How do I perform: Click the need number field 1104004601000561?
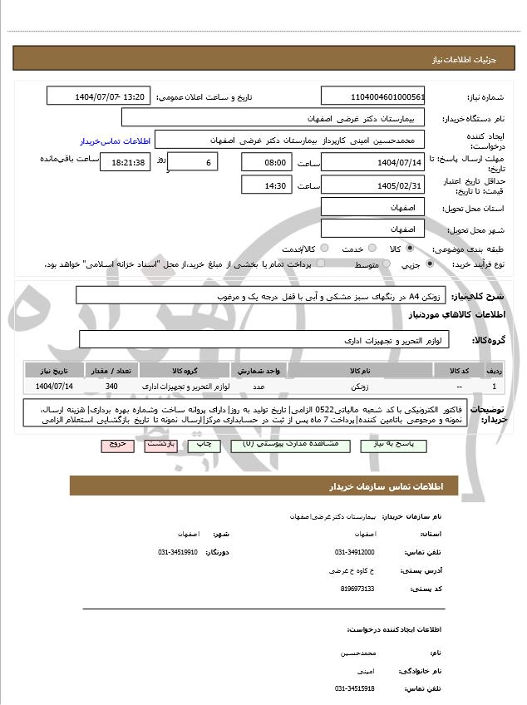coord(373,96)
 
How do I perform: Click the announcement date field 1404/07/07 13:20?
coord(99,96)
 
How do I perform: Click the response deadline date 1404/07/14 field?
coord(373,162)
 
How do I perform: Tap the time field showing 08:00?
coord(266,162)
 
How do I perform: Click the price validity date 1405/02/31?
coord(373,185)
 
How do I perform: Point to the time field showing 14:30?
coord(266,185)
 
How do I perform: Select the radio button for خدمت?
coord(371,249)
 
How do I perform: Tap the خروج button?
coord(117,446)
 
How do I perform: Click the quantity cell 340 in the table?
coord(112,387)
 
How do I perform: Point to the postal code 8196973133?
coord(357,589)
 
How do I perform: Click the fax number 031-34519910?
coord(177,552)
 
